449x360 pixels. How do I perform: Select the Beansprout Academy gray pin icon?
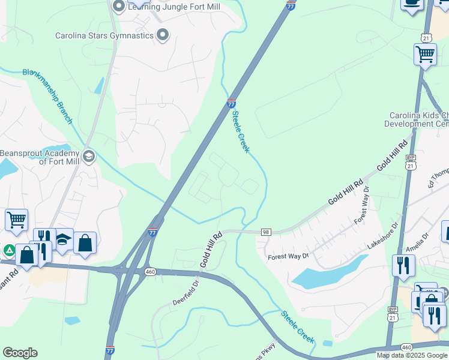(89, 157)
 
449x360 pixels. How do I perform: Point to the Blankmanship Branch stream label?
(48, 97)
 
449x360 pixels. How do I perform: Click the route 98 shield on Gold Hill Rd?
(266, 232)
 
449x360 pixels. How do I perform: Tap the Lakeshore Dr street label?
(382, 236)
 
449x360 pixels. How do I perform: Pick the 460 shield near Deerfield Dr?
(150, 272)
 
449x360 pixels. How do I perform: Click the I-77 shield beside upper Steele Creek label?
(231, 104)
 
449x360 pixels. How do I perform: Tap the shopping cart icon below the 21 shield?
(425, 55)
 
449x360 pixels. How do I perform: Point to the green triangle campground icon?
(9, 250)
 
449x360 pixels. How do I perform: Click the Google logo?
(20, 353)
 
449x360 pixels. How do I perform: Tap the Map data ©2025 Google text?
(411, 355)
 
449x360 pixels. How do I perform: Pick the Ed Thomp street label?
(438, 178)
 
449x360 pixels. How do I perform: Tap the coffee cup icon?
(412, 3)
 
